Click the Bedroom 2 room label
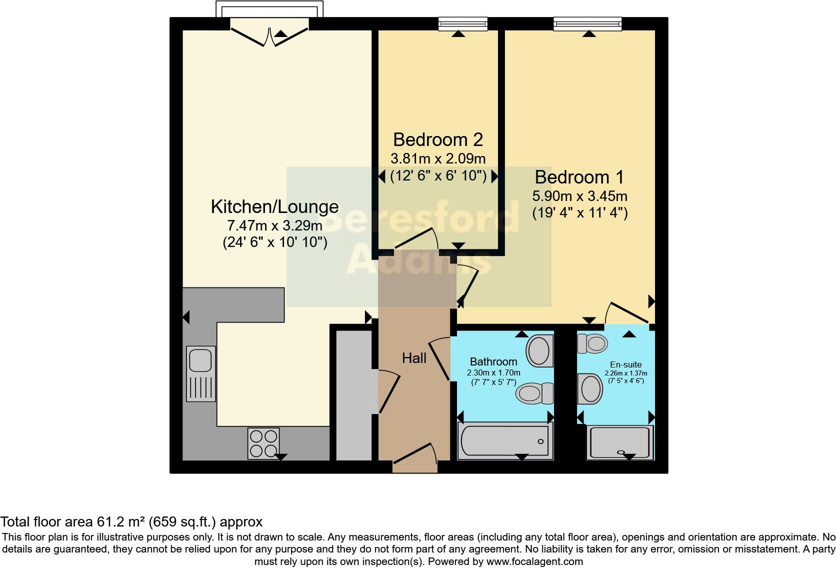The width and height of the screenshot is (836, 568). click(438, 139)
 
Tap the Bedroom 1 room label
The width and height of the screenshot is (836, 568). click(579, 177)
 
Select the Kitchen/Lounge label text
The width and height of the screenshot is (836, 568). click(274, 206)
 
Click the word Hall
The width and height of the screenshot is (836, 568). click(414, 358)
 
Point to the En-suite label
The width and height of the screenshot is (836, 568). click(625, 364)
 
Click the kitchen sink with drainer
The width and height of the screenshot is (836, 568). click(200, 373)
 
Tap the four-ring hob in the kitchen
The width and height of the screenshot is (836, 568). click(263, 443)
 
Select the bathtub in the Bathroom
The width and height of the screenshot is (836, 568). click(505, 441)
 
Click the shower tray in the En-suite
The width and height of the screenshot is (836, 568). click(620, 442)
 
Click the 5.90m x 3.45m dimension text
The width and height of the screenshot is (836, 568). click(579, 196)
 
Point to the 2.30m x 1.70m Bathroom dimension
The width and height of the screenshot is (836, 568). click(493, 373)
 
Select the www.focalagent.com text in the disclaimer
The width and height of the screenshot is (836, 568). click(534, 561)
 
